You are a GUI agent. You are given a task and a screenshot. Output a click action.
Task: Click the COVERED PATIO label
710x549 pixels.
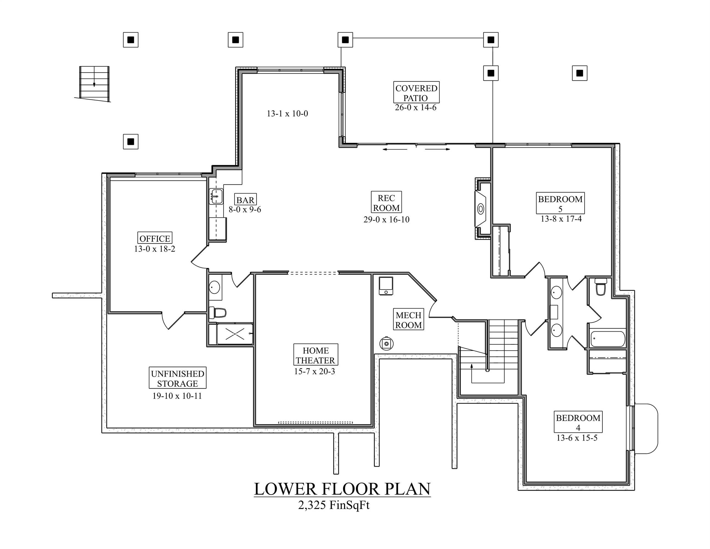tap(416, 93)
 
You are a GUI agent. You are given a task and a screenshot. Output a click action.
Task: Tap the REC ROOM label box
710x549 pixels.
tap(386, 203)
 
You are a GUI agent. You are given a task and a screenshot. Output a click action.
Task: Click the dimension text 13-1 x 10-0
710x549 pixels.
tap(288, 114)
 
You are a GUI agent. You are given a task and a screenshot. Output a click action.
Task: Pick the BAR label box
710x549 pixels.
tap(245, 200)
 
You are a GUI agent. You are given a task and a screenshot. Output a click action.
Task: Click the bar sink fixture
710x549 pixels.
tap(216, 196)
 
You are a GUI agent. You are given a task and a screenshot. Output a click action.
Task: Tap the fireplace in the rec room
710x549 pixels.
tap(480, 209)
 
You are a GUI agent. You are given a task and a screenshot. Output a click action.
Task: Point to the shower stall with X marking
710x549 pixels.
tap(235, 334)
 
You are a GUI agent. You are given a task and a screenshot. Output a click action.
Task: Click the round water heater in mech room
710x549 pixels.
tap(387, 343)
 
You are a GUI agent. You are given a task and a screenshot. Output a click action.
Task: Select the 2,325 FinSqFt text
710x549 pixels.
tap(334, 505)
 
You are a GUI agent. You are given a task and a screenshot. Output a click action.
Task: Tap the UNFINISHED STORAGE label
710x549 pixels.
tap(177, 378)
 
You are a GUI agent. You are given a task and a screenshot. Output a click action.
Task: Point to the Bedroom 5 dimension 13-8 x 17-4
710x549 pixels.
tap(561, 219)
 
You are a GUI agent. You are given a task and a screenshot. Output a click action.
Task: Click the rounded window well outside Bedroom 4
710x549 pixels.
tap(646, 428)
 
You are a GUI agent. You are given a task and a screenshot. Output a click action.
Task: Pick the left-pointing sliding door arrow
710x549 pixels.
tap(395, 150)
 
